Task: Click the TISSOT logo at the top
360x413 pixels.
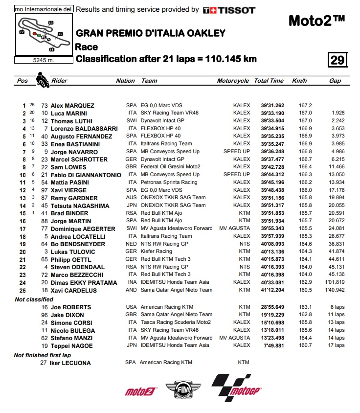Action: [x=229, y=9]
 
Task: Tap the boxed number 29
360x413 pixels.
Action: [x=337, y=60]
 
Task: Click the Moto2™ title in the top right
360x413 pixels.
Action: [x=316, y=21]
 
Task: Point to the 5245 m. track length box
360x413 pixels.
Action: [x=44, y=60]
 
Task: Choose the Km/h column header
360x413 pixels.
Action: [x=299, y=81]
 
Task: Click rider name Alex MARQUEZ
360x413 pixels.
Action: [x=72, y=106]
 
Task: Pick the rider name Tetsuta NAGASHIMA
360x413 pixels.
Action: [x=80, y=206]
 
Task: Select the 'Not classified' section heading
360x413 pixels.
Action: [x=34, y=299]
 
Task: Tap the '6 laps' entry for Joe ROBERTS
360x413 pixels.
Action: [x=336, y=307]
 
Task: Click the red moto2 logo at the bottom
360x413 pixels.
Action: [x=139, y=391]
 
